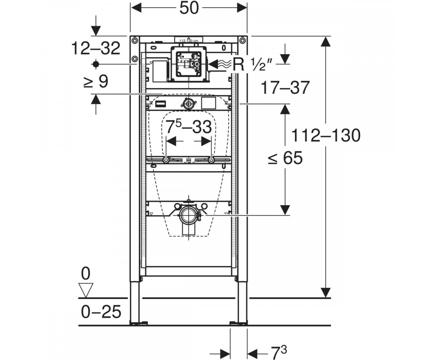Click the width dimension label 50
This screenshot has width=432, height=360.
click(189, 8)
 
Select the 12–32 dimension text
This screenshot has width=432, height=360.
click(96, 48)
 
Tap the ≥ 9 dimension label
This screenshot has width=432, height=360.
click(96, 81)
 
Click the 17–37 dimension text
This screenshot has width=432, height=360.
click(285, 88)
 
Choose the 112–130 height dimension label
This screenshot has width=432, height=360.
click(326, 136)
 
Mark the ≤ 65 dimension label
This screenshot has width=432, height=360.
click(285, 158)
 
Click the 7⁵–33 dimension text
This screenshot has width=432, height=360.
click(189, 127)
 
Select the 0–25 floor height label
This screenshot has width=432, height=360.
click(101, 312)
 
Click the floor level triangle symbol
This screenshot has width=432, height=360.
click(86, 290)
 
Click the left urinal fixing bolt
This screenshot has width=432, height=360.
click(166, 160)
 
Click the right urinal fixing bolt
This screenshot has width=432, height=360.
click(211, 160)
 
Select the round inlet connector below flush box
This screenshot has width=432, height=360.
click(188, 103)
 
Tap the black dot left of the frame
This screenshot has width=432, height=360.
click(96, 64)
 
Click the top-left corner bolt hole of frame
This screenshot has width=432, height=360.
click(135, 41)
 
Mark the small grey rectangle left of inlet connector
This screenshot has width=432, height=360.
click(160, 104)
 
